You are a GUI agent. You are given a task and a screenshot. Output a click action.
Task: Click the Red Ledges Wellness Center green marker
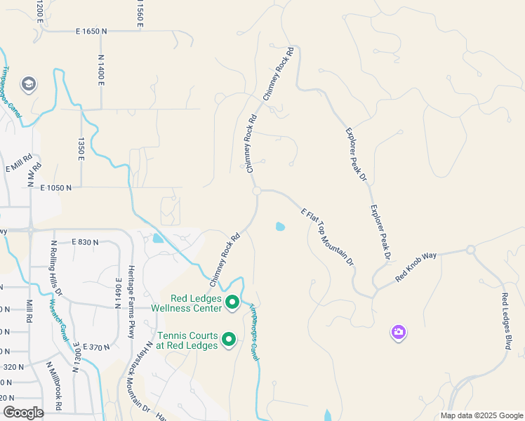point(232,304)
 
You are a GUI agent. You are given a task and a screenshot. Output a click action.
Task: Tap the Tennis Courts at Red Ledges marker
point(229,340)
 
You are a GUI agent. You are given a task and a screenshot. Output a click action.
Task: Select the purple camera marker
point(399,332)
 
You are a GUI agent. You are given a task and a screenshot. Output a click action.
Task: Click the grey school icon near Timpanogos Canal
point(29,85)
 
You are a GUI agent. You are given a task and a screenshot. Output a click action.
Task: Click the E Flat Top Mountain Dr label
point(326,237)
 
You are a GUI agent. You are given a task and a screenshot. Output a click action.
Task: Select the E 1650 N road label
point(91,32)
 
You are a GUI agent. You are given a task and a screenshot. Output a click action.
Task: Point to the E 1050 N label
point(56,188)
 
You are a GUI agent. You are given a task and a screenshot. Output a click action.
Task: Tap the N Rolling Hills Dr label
point(56,267)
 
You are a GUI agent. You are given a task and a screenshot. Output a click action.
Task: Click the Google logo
point(22,412)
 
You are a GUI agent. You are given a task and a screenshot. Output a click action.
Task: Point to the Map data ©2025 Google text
point(481,415)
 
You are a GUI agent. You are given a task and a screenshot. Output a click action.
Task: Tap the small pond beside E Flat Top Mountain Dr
point(281,227)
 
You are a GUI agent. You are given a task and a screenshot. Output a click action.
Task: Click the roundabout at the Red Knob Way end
point(470,250)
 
